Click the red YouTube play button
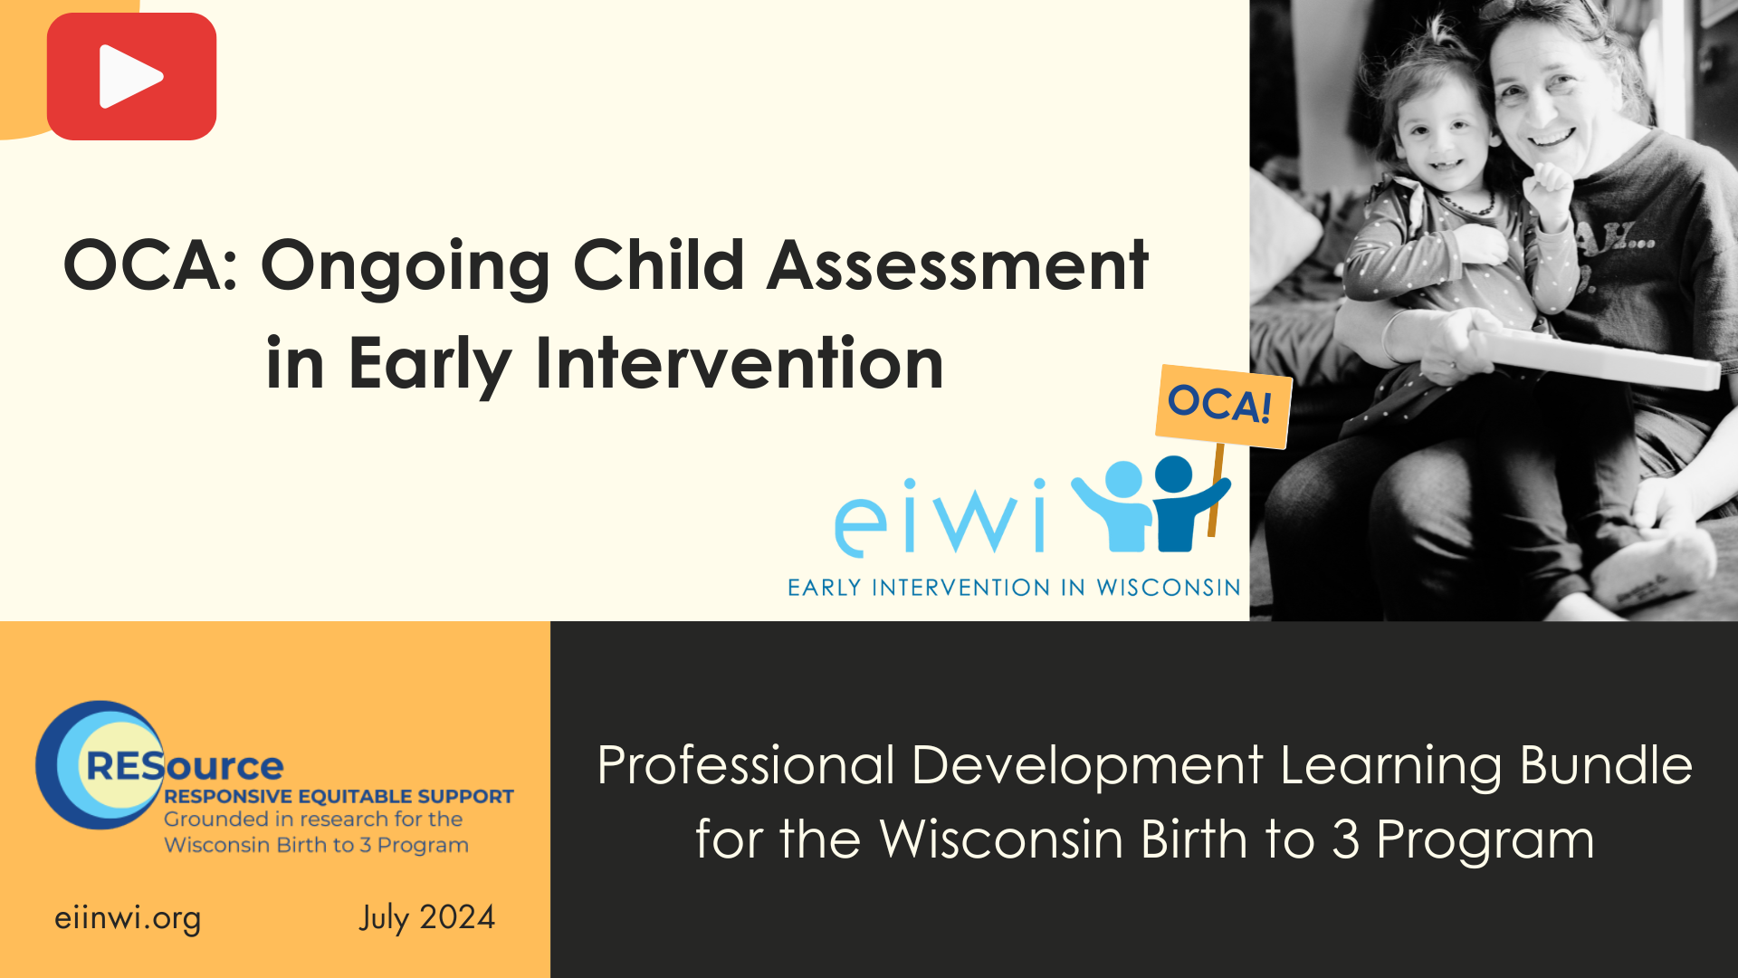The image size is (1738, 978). tap(131, 77)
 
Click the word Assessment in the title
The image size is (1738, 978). tap(958, 265)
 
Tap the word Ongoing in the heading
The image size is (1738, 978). tap(405, 267)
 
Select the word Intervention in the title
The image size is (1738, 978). tap(740, 363)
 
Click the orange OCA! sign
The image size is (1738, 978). tap(1221, 405)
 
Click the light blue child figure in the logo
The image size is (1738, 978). tap(1116, 507)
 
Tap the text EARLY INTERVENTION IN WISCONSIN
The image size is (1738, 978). tap(1014, 588)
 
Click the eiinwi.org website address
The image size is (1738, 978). tap(128, 917)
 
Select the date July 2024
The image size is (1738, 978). tap(426, 917)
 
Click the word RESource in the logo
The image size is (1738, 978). tap(186, 766)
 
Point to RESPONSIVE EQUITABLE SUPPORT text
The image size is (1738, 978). tap(339, 796)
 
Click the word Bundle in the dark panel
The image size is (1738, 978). tap(1605, 765)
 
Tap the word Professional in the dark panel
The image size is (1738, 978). tap(746, 765)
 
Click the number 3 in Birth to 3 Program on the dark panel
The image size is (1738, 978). tap(1345, 839)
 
